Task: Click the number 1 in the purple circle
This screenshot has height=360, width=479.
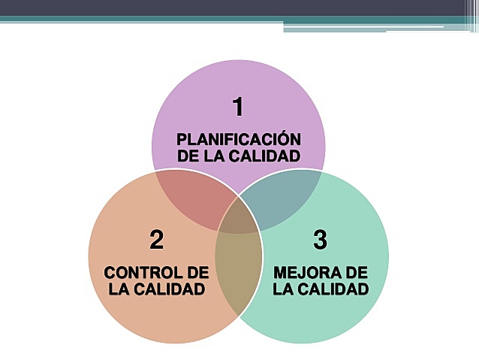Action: click(x=238, y=107)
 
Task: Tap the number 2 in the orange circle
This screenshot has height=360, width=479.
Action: click(x=156, y=240)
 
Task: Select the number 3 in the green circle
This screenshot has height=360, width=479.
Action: click(x=321, y=240)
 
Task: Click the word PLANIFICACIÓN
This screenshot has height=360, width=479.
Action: click(x=239, y=140)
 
